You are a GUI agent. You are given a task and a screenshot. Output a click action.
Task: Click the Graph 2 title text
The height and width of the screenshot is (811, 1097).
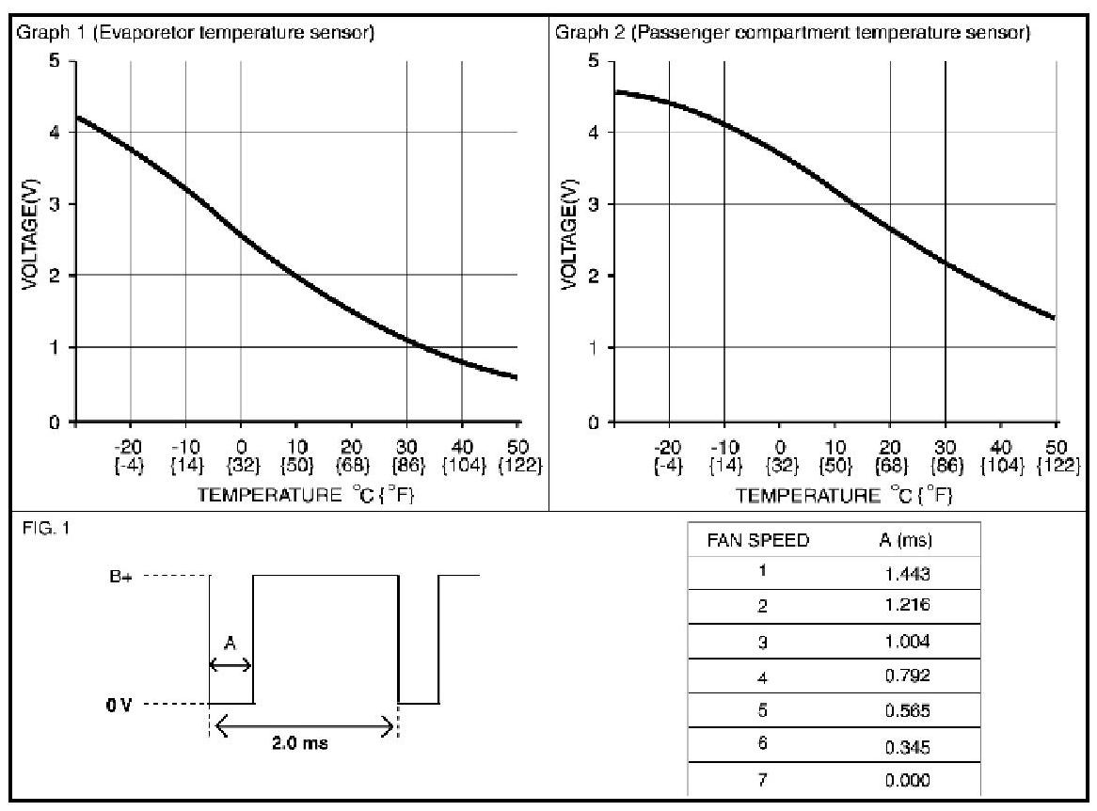[792, 34]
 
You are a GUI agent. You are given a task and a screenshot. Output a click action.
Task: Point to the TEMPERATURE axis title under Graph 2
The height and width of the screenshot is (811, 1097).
[844, 495]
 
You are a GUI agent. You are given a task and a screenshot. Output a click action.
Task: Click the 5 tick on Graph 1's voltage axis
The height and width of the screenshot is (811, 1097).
[56, 61]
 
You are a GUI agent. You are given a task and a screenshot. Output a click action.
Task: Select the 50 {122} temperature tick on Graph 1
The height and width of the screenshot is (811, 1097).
[518, 456]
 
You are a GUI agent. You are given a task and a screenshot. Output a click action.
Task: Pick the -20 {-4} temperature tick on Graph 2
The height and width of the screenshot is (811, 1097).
[668, 456]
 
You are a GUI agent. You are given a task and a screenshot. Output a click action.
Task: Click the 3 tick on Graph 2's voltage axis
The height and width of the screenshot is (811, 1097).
[594, 204]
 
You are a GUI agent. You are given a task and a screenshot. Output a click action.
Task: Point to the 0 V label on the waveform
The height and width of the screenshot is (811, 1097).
[119, 704]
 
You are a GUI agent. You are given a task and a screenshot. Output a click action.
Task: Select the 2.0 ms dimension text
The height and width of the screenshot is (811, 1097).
[300, 741]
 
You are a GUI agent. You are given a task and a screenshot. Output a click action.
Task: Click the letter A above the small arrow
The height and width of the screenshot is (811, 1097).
[230, 644]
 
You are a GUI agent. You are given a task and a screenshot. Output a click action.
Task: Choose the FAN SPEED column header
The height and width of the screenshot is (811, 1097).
[757, 541]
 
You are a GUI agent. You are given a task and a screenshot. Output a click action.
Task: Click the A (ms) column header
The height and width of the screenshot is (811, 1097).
[898, 541]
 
